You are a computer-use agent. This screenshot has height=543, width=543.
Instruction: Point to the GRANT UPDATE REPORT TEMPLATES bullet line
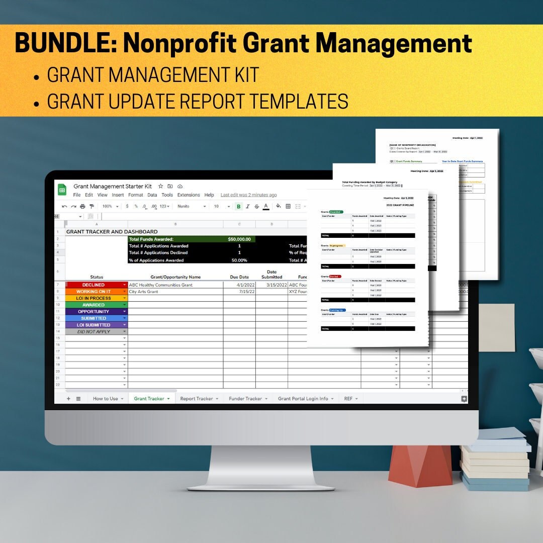pos(198,101)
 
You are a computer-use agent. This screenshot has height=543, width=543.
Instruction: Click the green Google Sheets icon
pos(62,190)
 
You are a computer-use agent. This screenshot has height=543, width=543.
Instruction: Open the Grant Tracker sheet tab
pos(149,399)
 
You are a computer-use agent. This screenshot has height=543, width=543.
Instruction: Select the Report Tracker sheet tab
pos(197,399)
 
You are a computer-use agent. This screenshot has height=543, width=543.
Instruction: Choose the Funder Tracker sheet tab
pos(245,399)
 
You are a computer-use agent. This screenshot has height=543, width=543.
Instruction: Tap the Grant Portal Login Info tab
pos(303,399)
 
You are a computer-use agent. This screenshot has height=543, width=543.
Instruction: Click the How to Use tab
pos(106,399)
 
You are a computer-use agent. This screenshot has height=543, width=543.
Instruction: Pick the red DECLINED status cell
pos(94,285)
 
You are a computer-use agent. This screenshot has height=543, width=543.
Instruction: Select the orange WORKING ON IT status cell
pos(94,292)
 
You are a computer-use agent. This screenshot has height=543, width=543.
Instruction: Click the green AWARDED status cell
pos(94,305)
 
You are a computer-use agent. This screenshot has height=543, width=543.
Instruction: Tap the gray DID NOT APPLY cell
pos(94,332)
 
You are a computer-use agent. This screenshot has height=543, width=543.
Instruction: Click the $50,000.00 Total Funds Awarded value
pos(239,239)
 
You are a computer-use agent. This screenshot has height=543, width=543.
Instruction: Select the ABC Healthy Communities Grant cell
pos(161,285)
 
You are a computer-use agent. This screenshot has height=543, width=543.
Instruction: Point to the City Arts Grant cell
pos(144,292)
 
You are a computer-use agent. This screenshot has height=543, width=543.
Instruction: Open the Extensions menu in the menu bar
pos(189,195)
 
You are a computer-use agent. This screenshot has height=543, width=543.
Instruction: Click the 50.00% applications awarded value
pos(239,260)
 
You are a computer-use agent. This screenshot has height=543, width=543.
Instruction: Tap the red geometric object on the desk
pos(420,465)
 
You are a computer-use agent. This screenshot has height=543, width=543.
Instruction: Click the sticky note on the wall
pos(496,327)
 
